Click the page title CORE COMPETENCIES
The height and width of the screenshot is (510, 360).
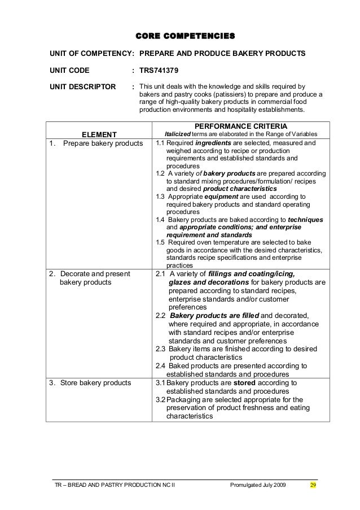point(186,37)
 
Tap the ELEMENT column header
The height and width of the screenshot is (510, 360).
point(99,134)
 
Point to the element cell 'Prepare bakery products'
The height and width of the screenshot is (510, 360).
point(102,143)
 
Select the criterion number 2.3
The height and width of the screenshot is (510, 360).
point(160,350)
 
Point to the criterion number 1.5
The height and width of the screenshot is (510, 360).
point(160,242)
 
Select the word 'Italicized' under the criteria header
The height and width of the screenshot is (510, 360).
point(178,134)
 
